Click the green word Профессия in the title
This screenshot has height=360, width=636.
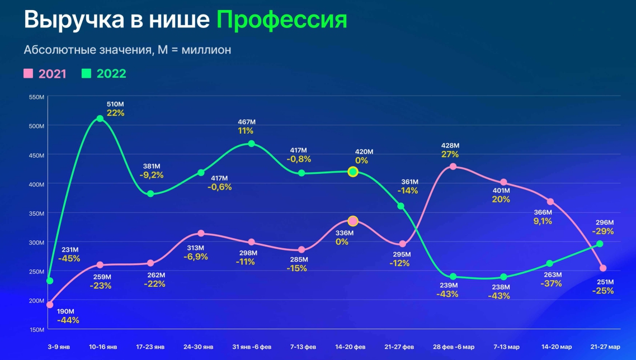[281, 20]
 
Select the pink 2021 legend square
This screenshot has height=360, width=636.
[29, 73]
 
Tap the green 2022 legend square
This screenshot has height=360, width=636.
[87, 73]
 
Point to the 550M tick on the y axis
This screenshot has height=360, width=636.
[36, 97]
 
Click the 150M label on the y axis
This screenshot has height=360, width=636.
[36, 329]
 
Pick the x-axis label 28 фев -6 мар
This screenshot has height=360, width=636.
[453, 347]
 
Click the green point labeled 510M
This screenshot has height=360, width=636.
[100, 119]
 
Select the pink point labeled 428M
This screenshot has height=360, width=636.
[453, 167]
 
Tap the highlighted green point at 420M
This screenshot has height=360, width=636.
[353, 172]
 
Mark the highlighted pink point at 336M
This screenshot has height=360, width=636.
[353, 221]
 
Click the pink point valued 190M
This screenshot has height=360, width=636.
[50, 305]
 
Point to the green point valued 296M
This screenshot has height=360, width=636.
[600, 244]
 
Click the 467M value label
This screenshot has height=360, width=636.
[246, 122]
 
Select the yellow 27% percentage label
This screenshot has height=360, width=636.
[450, 154]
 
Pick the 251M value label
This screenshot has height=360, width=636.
[605, 282]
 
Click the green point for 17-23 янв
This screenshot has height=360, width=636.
[150, 194]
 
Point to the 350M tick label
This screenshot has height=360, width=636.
[36, 213]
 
